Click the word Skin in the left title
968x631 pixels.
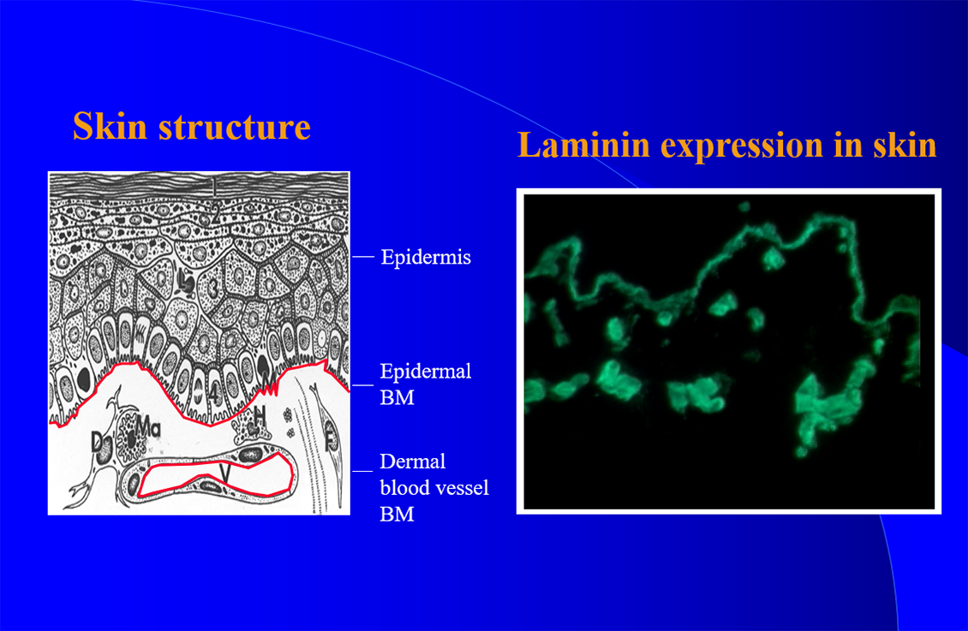pyautogui.click(x=110, y=126)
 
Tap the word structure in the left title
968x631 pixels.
pyautogui.click(x=235, y=127)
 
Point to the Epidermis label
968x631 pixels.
pyautogui.click(x=426, y=257)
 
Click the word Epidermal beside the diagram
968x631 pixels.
pyautogui.click(x=426, y=372)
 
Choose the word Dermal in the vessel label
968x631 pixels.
pyautogui.click(x=412, y=461)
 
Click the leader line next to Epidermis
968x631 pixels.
pyautogui.click(x=363, y=256)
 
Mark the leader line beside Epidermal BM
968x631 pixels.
pyautogui.click(x=363, y=385)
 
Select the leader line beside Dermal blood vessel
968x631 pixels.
pyautogui.click(x=363, y=471)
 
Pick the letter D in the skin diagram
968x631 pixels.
pyautogui.click(x=98, y=441)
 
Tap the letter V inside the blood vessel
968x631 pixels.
pyautogui.click(x=226, y=473)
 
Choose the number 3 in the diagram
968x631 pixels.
pyautogui.click(x=213, y=287)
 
